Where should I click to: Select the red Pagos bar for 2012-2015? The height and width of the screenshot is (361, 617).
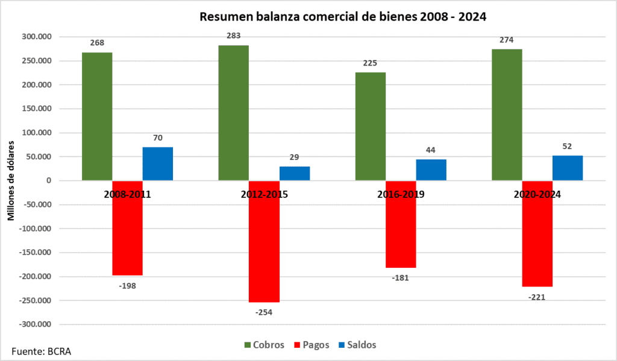[x=264, y=241]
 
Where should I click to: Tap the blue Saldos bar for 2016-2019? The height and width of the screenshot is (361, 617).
[x=431, y=170]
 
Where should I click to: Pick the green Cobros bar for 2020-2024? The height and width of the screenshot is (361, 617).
[x=507, y=114]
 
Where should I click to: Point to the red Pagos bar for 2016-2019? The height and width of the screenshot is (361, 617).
[x=401, y=224]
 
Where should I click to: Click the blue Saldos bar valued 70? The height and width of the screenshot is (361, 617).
[x=158, y=164]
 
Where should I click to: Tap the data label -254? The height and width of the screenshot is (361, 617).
[x=263, y=312]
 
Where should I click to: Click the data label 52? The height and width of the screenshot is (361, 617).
[x=567, y=146]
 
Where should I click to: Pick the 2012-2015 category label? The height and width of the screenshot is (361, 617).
[x=263, y=195]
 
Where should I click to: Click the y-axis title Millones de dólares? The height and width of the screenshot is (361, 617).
[x=11, y=180]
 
